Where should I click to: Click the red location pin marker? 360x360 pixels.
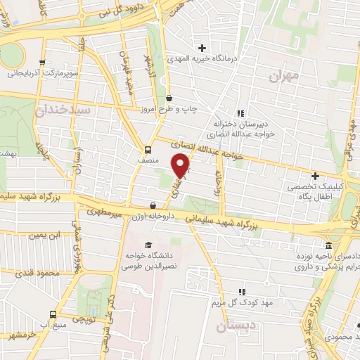pos(181,165)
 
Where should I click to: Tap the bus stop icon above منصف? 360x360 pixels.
pos(148,150)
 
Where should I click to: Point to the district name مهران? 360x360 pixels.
pos(285,74)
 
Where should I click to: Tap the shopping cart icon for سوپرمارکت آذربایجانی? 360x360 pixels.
pos(44,62)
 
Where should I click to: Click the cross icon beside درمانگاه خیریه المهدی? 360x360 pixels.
pos(202,49)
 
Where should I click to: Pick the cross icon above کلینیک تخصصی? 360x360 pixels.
pos(315,176)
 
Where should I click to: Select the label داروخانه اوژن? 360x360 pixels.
pos(150,217)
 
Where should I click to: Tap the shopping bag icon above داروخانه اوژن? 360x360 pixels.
pos(153,206)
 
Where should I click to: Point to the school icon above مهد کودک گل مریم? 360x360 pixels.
pos(243,291)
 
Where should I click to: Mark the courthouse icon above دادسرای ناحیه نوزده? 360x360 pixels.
pos(329,245)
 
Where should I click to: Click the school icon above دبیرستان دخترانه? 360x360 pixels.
pos(240,112)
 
